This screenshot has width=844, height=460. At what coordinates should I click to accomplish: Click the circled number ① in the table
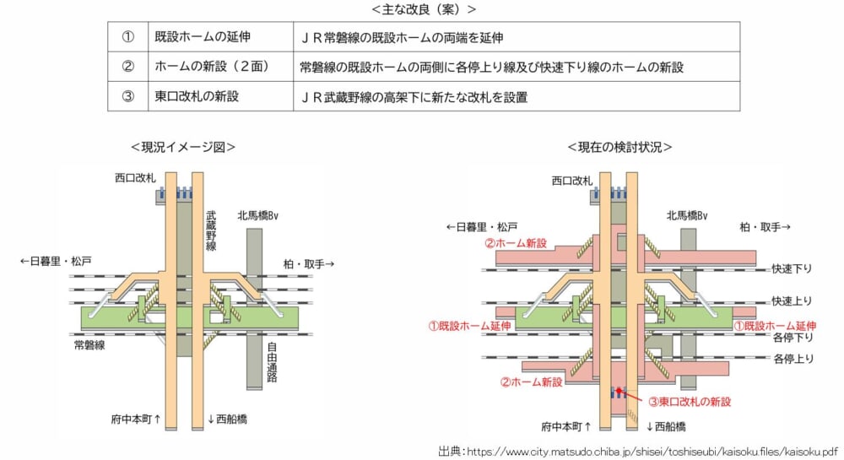click(128, 38)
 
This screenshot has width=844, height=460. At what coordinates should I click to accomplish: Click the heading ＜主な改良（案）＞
click(423, 9)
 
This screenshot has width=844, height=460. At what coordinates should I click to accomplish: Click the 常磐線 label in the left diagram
click(90, 345)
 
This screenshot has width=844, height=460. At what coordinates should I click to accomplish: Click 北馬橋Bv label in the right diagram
click(686, 216)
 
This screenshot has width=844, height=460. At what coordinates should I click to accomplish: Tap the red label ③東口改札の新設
click(689, 401)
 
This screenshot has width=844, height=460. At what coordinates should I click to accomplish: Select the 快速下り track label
click(791, 269)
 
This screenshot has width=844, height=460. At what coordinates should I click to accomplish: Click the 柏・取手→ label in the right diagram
click(764, 227)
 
